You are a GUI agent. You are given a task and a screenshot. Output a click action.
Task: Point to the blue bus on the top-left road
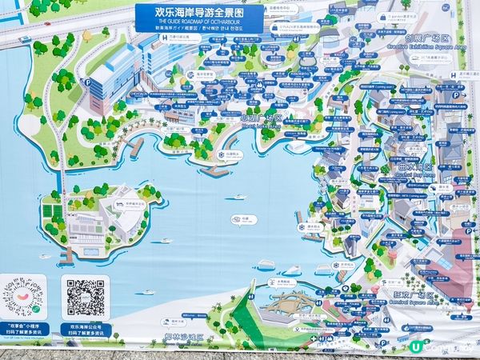coord(25,39)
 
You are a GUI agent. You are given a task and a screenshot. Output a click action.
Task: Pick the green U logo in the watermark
coord(416,347)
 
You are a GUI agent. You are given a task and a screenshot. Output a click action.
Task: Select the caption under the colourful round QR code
coord(24,328)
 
